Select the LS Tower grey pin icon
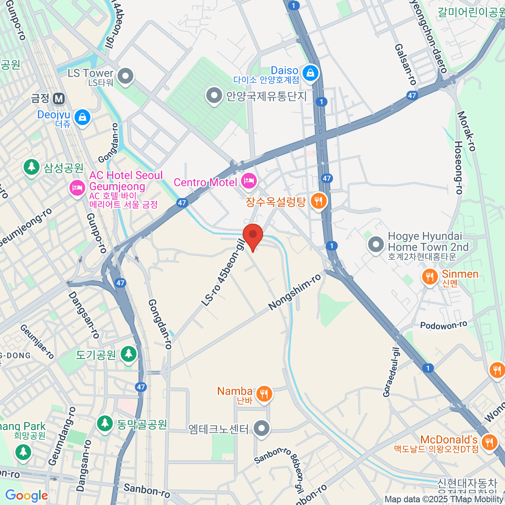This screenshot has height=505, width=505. (125, 77)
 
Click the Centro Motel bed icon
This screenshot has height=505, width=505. (249, 181)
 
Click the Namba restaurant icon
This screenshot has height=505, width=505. (264, 394)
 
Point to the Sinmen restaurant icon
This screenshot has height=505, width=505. (429, 277)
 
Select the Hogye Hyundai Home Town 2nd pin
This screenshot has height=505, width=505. (375, 244)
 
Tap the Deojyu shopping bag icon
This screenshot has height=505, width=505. (82, 117)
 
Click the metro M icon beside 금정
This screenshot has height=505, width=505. (59, 99)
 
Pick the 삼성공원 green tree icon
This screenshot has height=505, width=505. (31, 167)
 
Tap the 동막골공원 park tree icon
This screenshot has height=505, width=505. (104, 423)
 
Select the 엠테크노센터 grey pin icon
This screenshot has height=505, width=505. (262, 428)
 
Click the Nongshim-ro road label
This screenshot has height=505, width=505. (295, 292)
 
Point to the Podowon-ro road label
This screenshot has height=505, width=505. (444, 325)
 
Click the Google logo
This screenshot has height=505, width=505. (27, 495)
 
